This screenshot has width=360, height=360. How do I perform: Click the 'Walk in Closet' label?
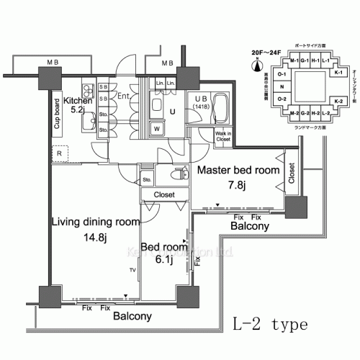[223, 135]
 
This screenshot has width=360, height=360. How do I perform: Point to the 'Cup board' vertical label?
[57, 114]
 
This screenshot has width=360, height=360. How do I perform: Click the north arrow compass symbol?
[256, 68]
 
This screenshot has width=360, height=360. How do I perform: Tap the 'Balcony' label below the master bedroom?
[249, 225]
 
